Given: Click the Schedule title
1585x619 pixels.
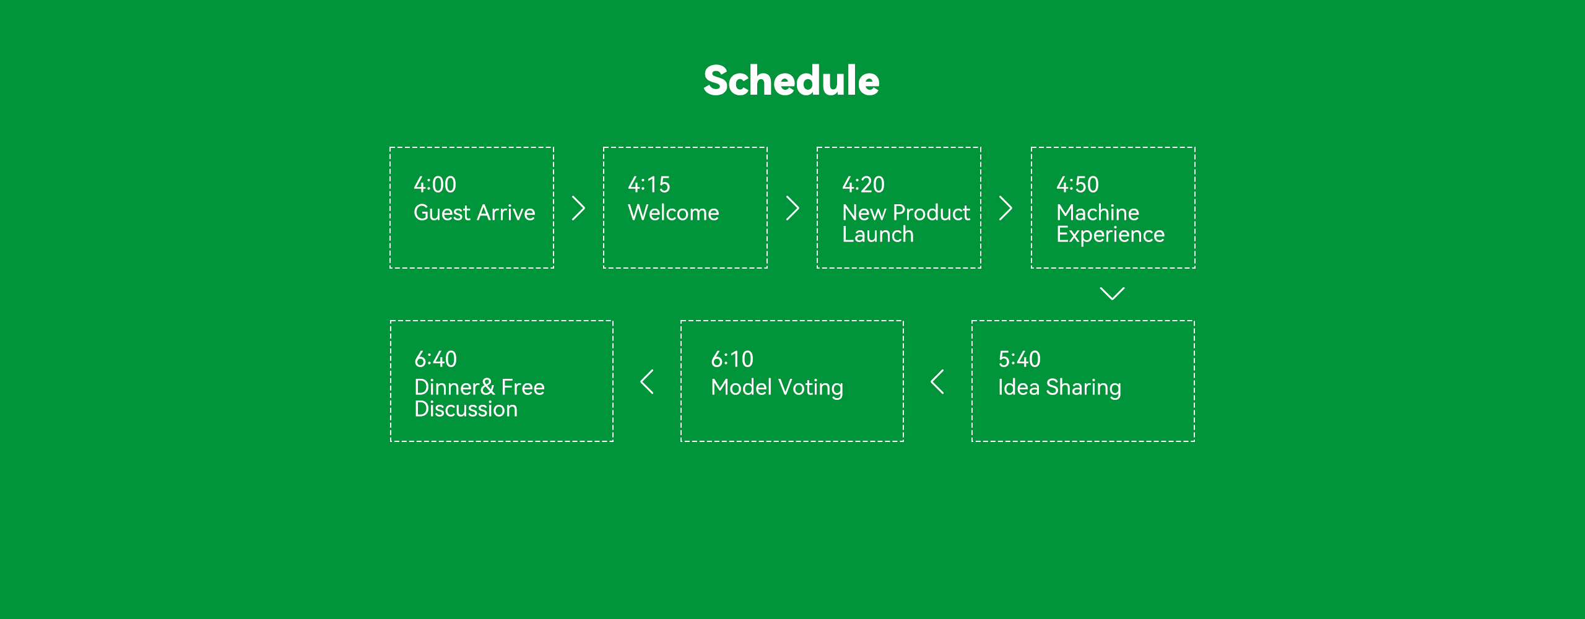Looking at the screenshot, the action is [791, 81].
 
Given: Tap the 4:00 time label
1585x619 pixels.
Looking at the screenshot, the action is [435, 184].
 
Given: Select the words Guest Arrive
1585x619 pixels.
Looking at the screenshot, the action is [474, 212].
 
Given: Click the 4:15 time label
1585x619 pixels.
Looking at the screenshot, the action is [649, 184].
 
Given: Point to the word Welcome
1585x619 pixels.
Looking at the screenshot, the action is [674, 212].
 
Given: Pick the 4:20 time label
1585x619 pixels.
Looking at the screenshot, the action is [863, 184].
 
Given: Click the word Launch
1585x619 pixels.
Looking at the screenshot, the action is [878, 235].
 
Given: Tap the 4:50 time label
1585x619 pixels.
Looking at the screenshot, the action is [1077, 184].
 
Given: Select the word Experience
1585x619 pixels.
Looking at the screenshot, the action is [1110, 235].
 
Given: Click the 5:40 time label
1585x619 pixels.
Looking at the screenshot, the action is [1019, 359].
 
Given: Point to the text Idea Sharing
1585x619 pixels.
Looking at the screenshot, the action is [1059, 387].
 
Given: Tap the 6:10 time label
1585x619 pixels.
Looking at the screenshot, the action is [732, 359].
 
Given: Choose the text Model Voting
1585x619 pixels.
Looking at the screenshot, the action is [777, 387].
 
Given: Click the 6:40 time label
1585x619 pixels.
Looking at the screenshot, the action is [435, 359].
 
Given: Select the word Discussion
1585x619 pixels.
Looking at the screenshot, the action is [466, 409].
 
